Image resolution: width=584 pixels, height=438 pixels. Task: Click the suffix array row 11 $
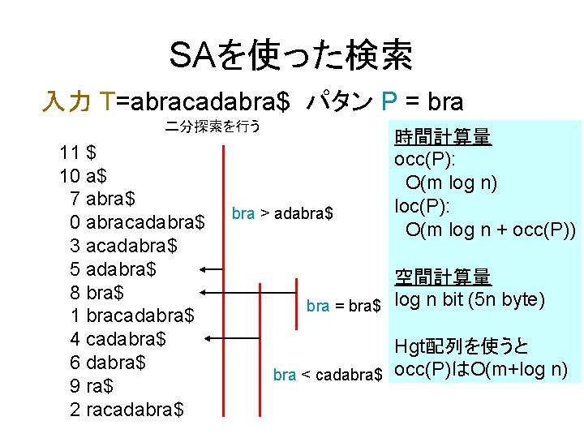(79, 152)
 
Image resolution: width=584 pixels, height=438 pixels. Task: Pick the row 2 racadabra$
(127, 410)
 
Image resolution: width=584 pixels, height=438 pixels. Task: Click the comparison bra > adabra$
(281, 213)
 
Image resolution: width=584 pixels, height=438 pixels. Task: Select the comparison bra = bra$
(344, 306)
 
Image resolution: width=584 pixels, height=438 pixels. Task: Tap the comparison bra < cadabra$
(327, 375)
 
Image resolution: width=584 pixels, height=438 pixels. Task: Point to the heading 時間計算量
(442, 137)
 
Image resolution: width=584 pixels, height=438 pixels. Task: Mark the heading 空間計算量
(442, 277)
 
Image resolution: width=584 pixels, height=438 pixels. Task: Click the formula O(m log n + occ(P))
(491, 230)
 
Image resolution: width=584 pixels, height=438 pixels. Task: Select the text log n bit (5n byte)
(468, 300)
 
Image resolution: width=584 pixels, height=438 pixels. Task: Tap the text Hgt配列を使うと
(460, 347)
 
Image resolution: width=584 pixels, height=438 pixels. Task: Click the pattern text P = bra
(422, 102)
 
